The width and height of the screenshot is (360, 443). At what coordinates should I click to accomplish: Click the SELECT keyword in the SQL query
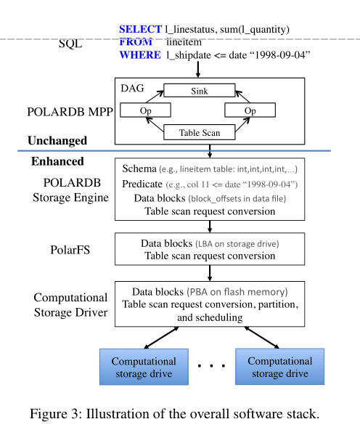coord(140,29)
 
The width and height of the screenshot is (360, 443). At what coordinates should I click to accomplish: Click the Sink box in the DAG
coord(199,92)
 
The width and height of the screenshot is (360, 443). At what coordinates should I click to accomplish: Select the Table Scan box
coord(199,133)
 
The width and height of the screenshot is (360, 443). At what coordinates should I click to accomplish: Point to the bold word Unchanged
coord(57,140)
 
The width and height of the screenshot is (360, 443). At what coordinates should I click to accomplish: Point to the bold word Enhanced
coord(57,161)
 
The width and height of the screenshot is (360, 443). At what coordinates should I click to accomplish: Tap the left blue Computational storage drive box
coord(143,367)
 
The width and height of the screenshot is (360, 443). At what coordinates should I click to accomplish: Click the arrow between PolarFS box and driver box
coord(210,272)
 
